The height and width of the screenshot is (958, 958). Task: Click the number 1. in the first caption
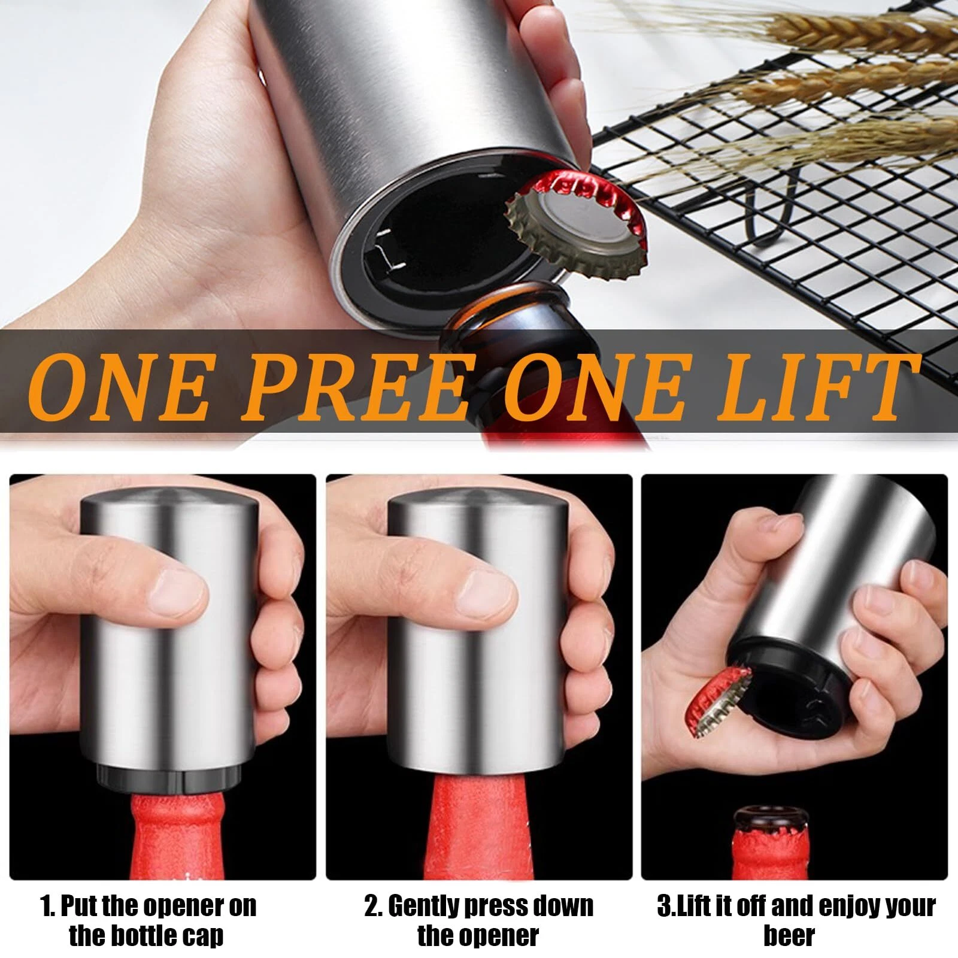(49, 906)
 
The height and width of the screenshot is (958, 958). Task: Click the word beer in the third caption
(789, 935)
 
